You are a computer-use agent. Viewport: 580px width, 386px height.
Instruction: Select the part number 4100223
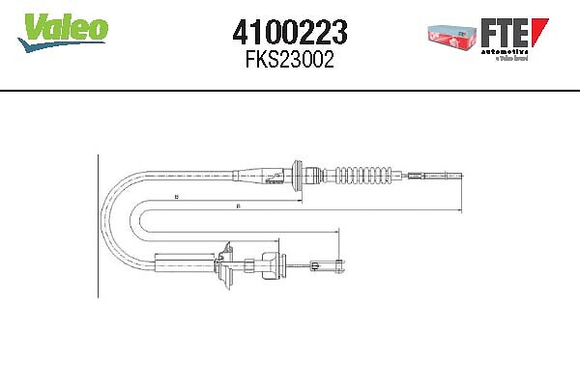[291, 34]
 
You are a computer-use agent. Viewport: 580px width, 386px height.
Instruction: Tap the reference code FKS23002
[291, 59]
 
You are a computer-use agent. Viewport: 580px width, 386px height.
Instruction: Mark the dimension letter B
[177, 197]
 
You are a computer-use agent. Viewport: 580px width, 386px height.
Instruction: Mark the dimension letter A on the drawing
[238, 206]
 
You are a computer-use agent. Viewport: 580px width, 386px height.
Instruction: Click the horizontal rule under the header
[290, 90]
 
